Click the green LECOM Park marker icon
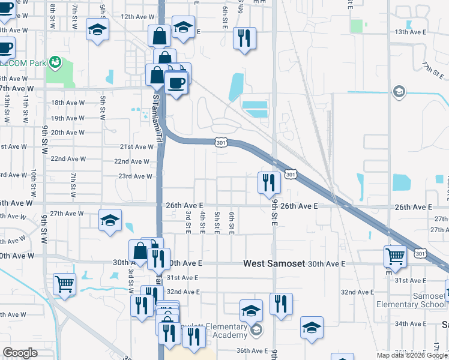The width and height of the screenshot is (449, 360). coord(55,61)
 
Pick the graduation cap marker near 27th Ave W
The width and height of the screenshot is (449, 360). coord(110,220)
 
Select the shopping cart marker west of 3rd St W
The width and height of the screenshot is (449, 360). coord(64,283)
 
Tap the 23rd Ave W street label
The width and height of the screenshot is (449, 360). coord(135,176)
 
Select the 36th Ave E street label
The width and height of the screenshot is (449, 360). coord(252,351)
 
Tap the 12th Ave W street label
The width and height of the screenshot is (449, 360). coord(136,17)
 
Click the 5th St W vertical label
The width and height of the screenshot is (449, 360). coord(103,105)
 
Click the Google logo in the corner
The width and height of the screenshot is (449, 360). coord(20,353)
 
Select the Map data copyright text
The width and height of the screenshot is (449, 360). coord(411,355)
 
